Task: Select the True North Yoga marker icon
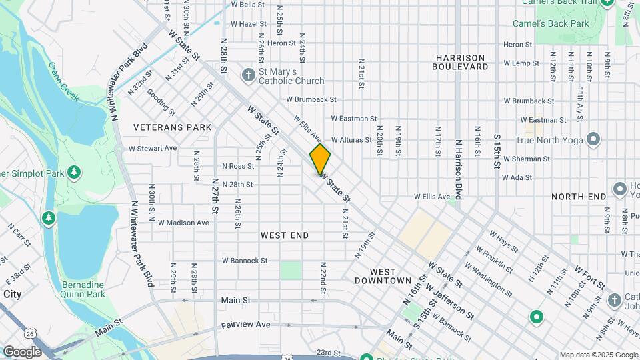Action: (593, 140)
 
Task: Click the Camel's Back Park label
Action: (550, 23)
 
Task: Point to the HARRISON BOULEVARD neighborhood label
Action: (459, 62)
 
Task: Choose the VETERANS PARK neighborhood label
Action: (172, 127)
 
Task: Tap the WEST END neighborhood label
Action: (285, 235)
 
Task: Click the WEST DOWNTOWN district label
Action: (391, 276)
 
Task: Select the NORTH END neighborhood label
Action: (579, 197)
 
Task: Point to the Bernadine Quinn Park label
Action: (83, 289)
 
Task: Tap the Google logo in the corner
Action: (22, 351)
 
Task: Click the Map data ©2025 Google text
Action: (598, 355)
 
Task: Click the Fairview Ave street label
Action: (246, 325)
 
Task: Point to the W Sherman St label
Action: (526, 159)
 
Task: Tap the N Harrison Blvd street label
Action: (459, 169)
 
